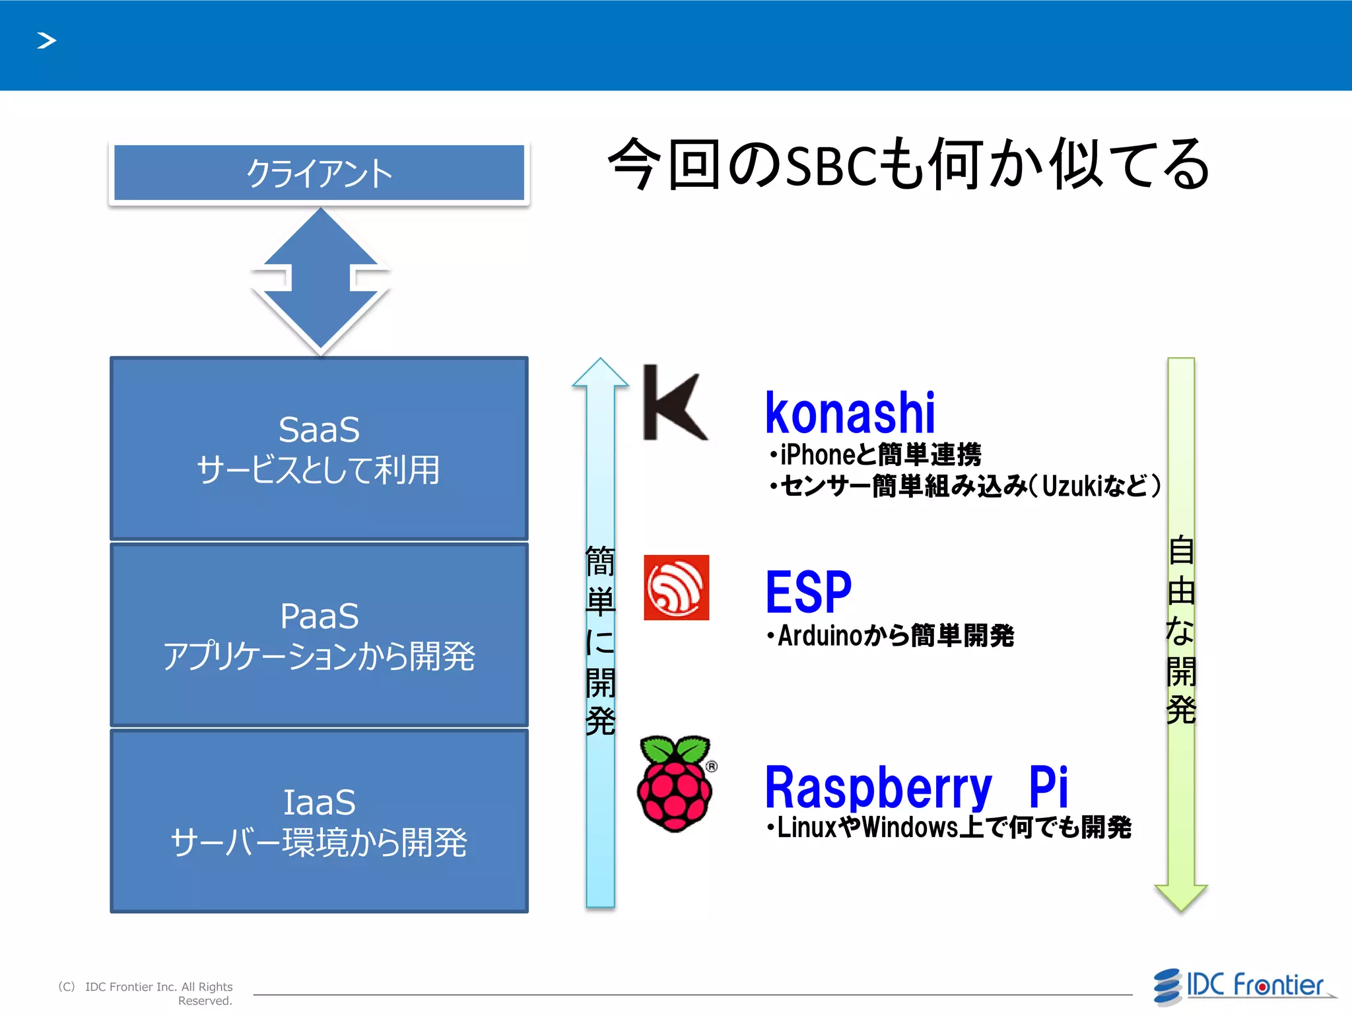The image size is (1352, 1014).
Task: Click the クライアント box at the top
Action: click(x=319, y=173)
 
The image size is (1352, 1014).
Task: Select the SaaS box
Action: click(x=319, y=449)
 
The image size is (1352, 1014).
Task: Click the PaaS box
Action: click(x=319, y=635)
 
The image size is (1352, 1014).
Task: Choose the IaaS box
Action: click(x=319, y=821)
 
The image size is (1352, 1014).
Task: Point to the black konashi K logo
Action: click(x=673, y=403)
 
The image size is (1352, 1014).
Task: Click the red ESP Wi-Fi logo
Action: click(x=676, y=588)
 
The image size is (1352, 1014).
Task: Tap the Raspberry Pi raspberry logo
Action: click(x=675, y=784)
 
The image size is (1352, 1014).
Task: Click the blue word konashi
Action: click(x=850, y=413)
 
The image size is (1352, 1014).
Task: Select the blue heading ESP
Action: click(x=808, y=592)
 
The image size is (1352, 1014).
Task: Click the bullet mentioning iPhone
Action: click(x=875, y=455)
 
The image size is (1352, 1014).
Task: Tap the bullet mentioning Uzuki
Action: click(x=964, y=486)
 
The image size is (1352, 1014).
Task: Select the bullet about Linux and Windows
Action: click(x=949, y=827)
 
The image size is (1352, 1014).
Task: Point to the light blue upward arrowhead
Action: click(x=600, y=374)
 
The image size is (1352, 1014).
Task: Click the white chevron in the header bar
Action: click(x=46, y=41)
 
